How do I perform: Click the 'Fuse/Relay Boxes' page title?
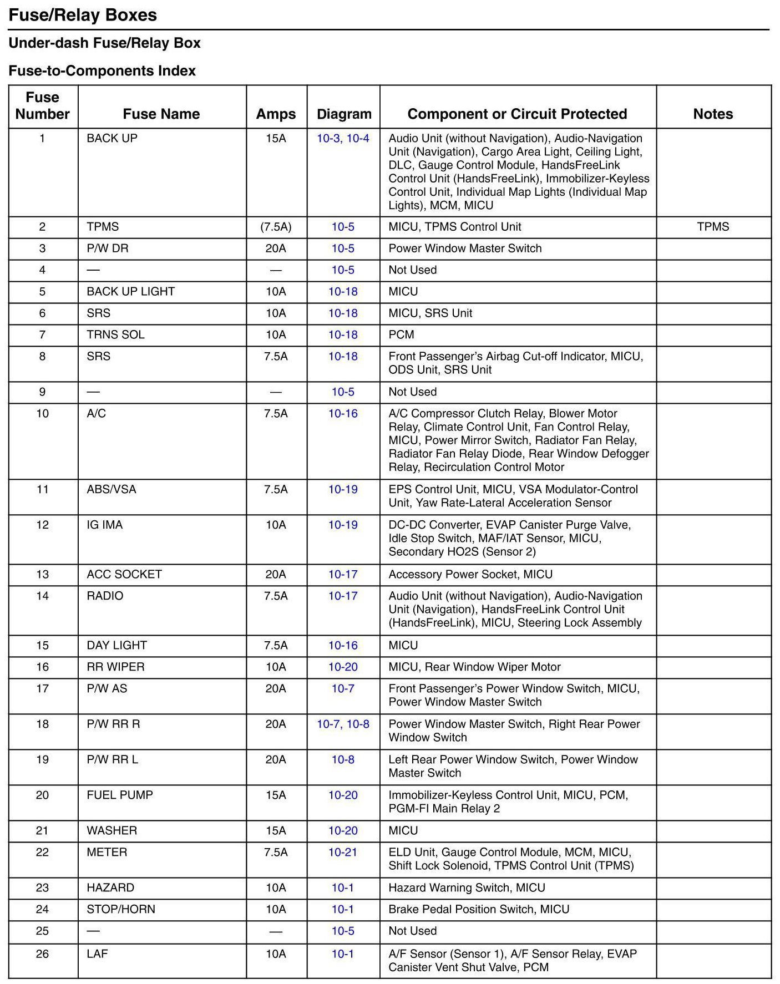[83, 15]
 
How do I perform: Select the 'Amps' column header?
[276, 114]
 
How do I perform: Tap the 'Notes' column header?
[713, 114]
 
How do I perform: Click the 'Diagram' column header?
[344, 114]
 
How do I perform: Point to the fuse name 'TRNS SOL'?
[115, 334]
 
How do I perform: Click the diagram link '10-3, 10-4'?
[343, 138]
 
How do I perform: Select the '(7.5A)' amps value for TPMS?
[276, 226]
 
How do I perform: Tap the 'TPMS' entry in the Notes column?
[713, 226]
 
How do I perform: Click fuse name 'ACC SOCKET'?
[124, 574]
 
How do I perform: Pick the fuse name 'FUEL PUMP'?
[120, 795]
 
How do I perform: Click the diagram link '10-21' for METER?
[343, 852]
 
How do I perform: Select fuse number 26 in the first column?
[42, 953]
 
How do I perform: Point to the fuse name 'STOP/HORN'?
[121, 909]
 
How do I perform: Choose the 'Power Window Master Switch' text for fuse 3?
[465, 248]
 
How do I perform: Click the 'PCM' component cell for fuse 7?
[401, 334]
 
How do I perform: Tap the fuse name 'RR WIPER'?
[115, 667]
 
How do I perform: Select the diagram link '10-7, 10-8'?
[343, 724]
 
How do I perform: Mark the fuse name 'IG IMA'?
[104, 525]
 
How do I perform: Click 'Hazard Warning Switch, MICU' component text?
[467, 887]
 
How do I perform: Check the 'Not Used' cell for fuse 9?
[412, 392]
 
